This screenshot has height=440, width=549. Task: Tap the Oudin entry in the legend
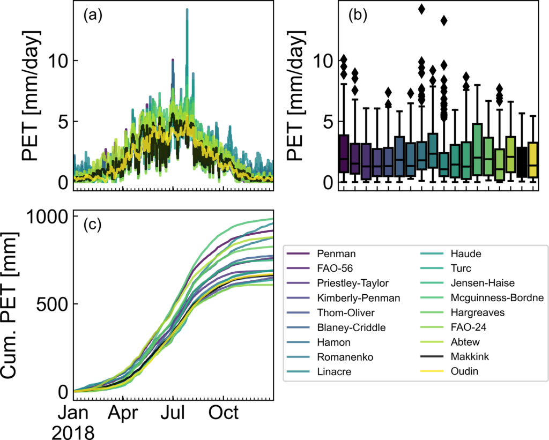[464, 371]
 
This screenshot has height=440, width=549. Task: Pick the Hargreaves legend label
[478, 312]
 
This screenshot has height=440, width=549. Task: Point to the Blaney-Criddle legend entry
[351, 327]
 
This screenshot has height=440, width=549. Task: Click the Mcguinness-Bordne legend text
[497, 297]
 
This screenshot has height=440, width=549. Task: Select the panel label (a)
[92, 16]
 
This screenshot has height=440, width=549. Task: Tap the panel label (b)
[357, 16]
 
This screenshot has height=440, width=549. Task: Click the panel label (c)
[92, 225]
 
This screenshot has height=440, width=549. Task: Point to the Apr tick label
[123, 413]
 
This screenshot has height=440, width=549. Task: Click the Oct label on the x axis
[224, 413]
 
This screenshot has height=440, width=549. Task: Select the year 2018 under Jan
[73, 432]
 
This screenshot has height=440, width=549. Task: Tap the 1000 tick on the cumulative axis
[47, 217]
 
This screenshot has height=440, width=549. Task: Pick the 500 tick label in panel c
[52, 304]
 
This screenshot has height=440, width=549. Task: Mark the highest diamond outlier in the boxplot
[422, 9]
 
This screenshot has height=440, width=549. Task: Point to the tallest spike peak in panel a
[187, 10]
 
